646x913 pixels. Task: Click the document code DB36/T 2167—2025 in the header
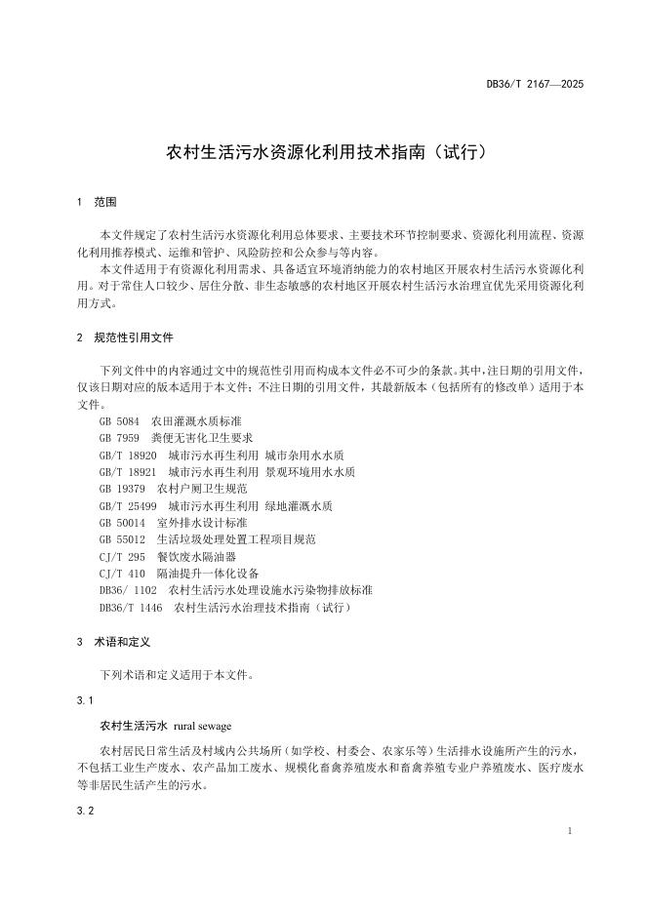535,85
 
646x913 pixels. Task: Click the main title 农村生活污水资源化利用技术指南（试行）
322,152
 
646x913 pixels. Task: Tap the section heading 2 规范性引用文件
125,337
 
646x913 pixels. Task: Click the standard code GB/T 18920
128,456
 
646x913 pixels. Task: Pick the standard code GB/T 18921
128,472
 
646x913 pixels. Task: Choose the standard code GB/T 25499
128,505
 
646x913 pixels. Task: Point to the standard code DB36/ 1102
128,590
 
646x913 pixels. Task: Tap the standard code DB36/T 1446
131,608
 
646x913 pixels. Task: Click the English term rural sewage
203,727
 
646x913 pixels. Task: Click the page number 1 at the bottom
569,831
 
